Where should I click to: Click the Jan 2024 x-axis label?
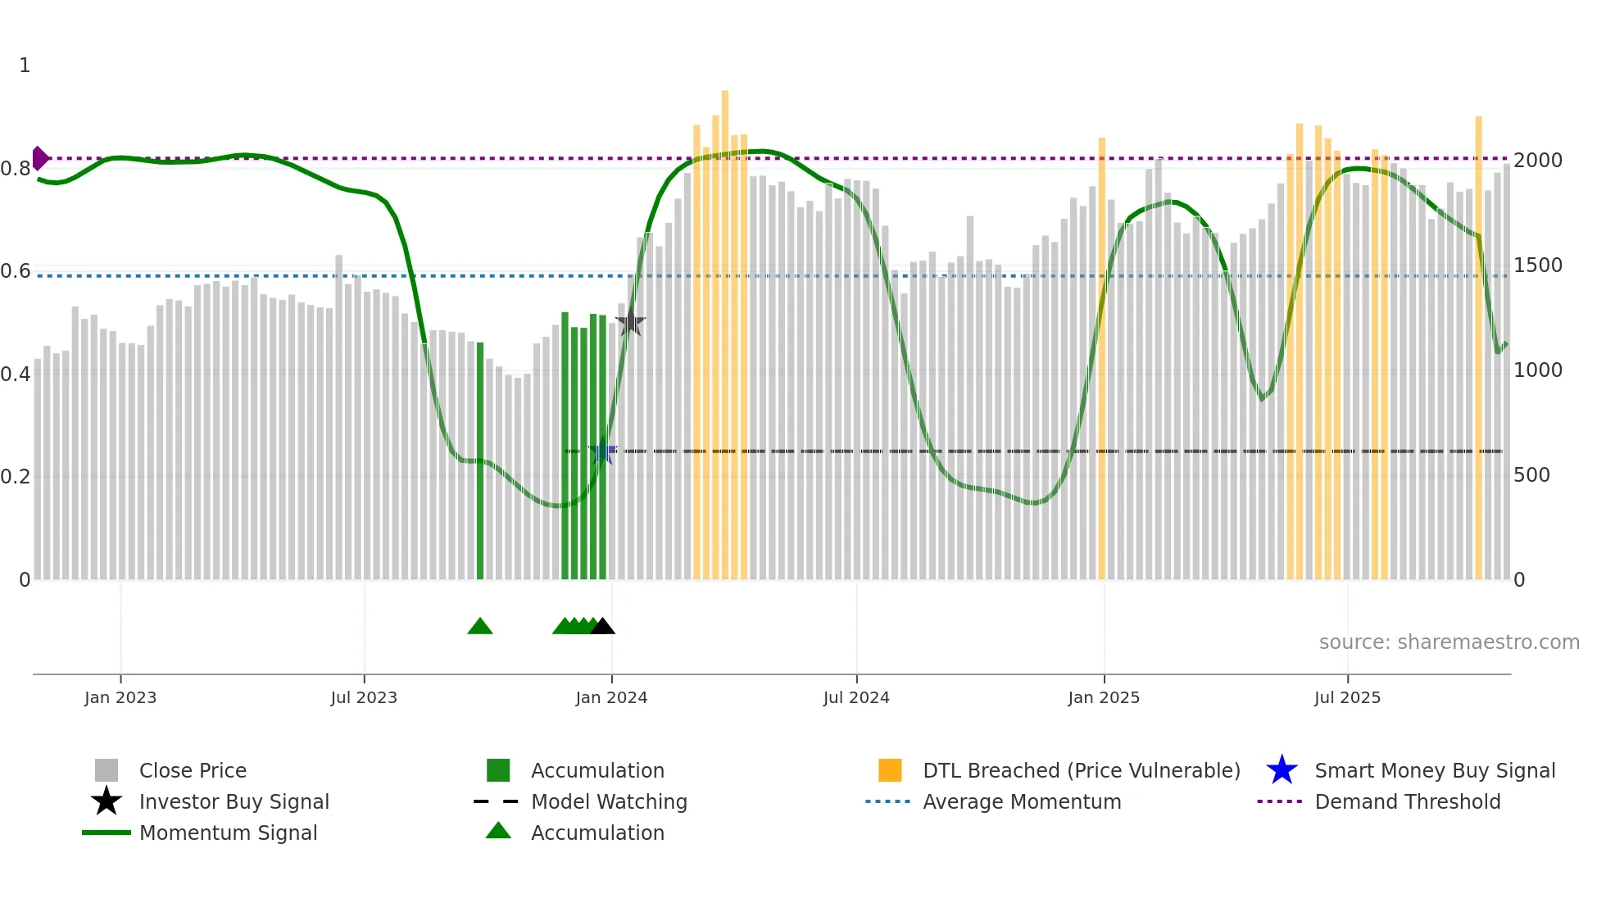(x=611, y=697)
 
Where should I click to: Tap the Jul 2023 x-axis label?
(x=364, y=697)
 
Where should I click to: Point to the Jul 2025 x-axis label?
(x=1347, y=697)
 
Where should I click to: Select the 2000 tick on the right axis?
(x=1538, y=161)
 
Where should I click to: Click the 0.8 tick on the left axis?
(x=16, y=169)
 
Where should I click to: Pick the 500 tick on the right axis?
(x=1531, y=475)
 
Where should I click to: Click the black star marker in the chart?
(x=630, y=323)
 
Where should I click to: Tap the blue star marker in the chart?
(x=602, y=451)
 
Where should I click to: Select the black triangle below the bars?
(x=602, y=627)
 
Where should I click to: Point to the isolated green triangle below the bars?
(x=480, y=627)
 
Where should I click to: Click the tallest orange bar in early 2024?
(x=725, y=328)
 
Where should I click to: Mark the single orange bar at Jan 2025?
(x=1102, y=361)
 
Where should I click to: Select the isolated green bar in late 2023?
(x=480, y=459)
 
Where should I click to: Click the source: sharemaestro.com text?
(x=1449, y=642)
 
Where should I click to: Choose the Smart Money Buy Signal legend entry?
(x=1434, y=770)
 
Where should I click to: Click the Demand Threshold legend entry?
(x=1407, y=801)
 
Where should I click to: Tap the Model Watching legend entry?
(x=608, y=801)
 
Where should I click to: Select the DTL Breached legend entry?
(x=1081, y=770)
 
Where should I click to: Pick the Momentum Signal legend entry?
(x=228, y=833)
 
